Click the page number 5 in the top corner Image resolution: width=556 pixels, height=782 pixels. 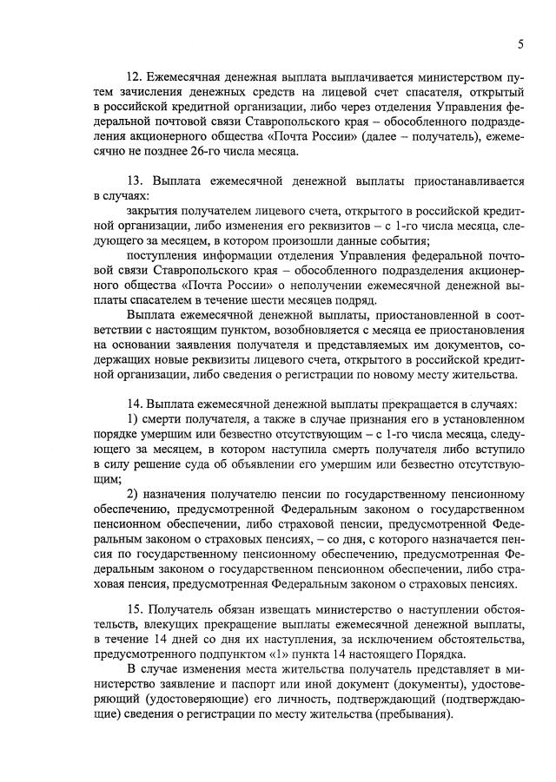tap(520, 43)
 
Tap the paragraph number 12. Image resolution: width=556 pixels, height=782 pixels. tap(135, 81)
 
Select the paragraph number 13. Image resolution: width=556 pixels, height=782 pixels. tap(135, 181)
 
